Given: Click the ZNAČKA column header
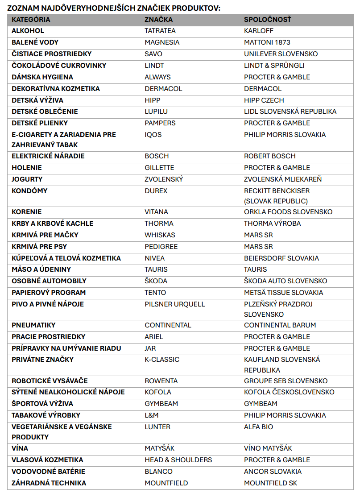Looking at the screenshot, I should coord(158,20).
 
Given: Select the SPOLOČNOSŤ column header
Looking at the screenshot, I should coord(267,20).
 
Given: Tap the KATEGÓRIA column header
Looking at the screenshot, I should coord(31,20).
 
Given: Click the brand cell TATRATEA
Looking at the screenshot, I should coord(160,31).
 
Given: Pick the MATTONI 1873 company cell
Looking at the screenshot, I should coord(267,42).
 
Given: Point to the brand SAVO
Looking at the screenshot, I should coord(153,54).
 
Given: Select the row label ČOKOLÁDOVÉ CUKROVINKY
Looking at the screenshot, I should coord(59,66).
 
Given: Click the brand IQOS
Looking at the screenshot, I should coord(153,134).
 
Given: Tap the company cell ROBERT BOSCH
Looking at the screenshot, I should coord(269,156).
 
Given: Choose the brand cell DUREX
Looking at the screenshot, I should coord(156,191).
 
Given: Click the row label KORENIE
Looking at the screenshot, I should coord(27,212).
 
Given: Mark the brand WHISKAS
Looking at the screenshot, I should coord(160,235).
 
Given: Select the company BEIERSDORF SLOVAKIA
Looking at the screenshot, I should coord(281,258).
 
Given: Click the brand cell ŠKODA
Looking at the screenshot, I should coord(156,281).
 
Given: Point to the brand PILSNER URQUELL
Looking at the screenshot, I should coord(175,304).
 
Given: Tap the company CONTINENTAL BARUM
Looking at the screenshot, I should coord(280,325).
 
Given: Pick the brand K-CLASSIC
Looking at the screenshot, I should coord(162,360).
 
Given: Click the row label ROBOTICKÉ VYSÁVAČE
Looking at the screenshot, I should coord(50,381).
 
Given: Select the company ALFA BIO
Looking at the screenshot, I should coord(258,427).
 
